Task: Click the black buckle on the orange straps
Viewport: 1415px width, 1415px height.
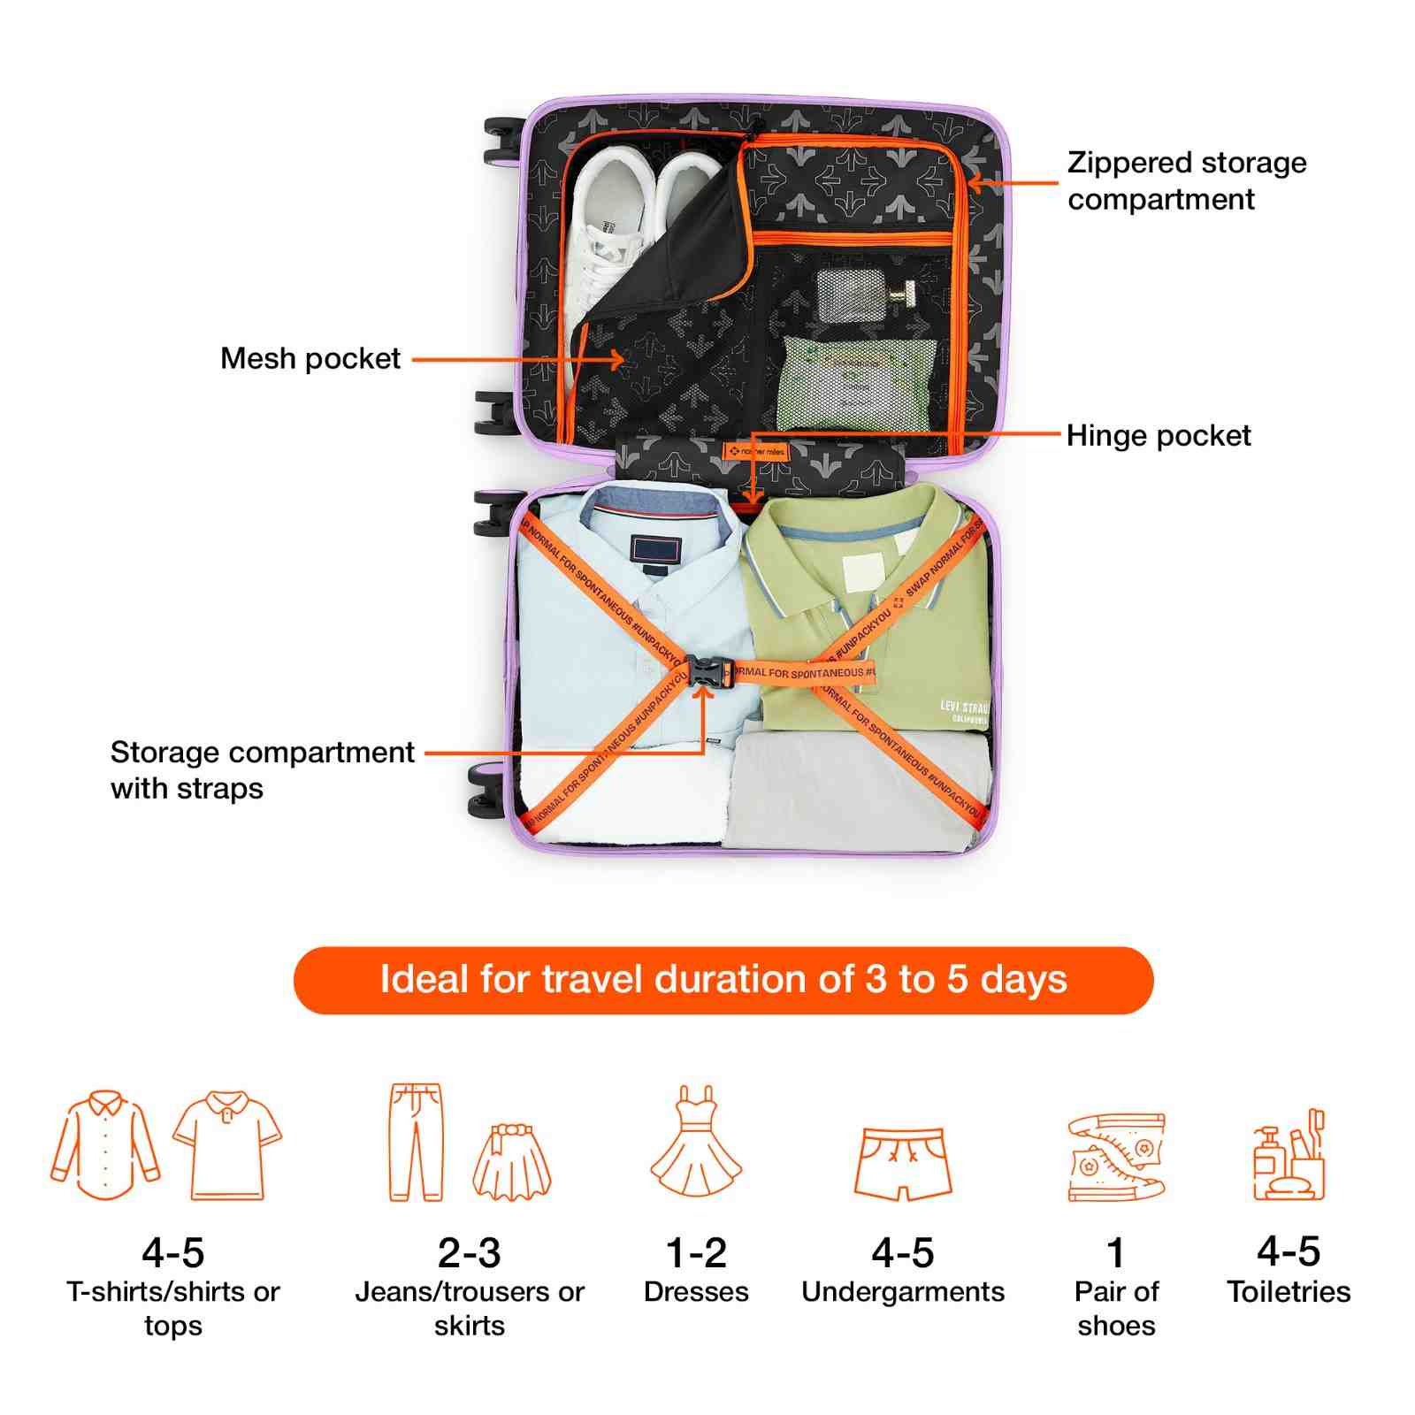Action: pos(705,673)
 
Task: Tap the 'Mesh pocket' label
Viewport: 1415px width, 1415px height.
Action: pos(310,358)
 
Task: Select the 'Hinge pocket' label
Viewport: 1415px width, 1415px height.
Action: pos(1158,436)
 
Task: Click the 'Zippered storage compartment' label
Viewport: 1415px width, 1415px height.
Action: pos(1185,180)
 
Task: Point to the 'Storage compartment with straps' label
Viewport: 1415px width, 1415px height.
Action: pos(262,769)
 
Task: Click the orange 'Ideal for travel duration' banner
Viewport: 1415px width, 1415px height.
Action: pos(723,980)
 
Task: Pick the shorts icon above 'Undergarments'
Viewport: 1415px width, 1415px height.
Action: pos(903,1163)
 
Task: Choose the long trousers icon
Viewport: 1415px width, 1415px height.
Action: pos(415,1142)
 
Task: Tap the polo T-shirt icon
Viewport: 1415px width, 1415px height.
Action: pos(227,1144)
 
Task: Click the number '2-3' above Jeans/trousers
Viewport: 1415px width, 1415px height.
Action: pos(469,1252)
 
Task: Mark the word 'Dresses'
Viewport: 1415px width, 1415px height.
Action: pos(696,1292)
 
